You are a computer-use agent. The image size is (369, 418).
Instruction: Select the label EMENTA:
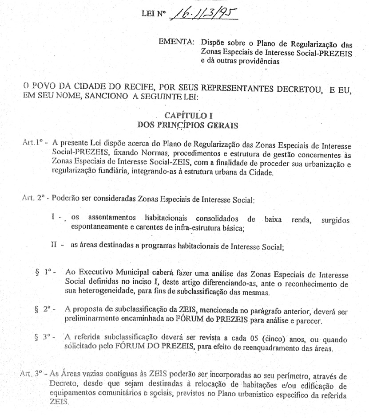(176, 43)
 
